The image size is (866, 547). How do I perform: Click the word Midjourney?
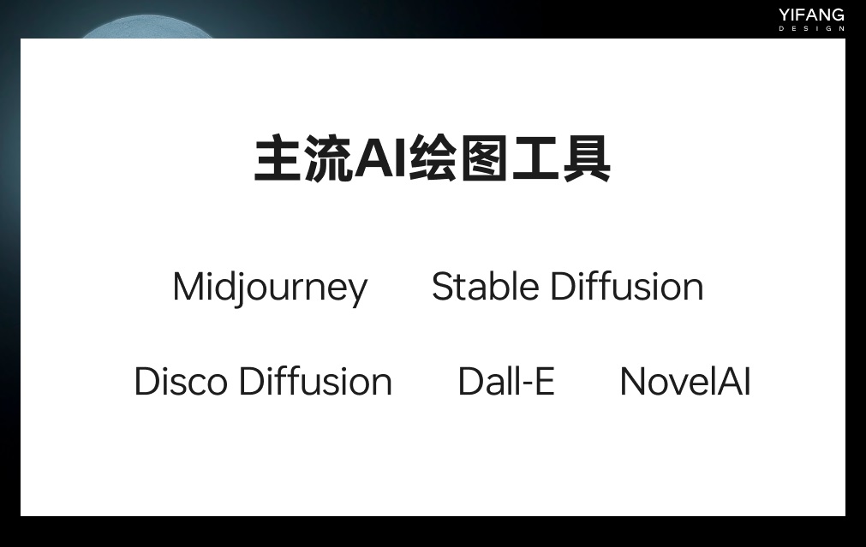click(270, 288)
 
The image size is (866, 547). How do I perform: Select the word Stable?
click(486, 287)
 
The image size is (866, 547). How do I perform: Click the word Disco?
click(181, 382)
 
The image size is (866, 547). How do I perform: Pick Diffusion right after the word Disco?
click(315, 382)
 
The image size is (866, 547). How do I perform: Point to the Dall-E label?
click(506, 382)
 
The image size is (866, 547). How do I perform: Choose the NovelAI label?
click(685, 382)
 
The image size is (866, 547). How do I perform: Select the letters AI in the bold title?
click(381, 158)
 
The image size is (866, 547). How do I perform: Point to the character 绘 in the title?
click(433, 158)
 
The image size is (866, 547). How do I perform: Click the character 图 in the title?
click(484, 158)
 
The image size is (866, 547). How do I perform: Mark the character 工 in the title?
click(535, 158)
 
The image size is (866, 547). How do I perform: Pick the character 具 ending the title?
click(586, 158)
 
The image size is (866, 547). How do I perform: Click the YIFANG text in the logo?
click(811, 15)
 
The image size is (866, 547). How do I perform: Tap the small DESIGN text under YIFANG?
click(811, 29)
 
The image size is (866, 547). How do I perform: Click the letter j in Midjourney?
click(241, 289)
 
